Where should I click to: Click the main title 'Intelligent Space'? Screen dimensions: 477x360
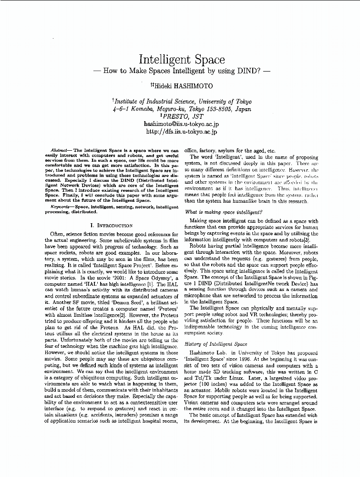point(181,60)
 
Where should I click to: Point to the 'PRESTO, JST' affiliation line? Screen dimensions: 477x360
point(182,115)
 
